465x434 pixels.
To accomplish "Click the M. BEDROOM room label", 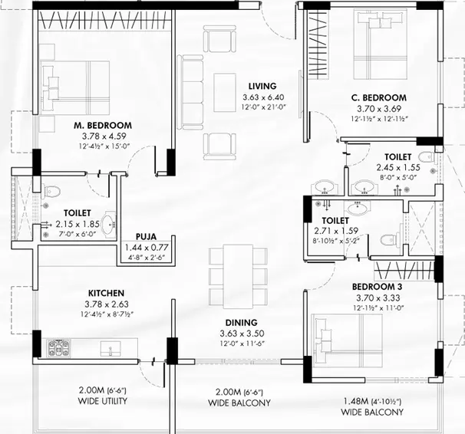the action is click(103, 125).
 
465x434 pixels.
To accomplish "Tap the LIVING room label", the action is click(262, 86).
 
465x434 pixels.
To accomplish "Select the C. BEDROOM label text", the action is click(379, 97).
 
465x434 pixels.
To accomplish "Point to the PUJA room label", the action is click(146, 237).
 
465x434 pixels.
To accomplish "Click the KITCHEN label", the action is click(106, 293).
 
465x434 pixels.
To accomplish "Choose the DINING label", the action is click(242, 323).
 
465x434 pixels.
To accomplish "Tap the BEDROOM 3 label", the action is click(378, 287).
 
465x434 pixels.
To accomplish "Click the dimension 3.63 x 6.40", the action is click(263, 97).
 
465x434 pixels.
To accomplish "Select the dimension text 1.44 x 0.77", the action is click(147, 248).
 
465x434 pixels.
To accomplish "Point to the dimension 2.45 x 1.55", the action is click(398, 168).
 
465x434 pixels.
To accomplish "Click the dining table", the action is click(238, 276).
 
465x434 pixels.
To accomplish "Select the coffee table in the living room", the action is click(225, 93).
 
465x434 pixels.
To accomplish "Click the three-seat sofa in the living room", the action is click(190, 93).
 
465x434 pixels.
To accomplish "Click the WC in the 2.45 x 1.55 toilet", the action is click(427, 156).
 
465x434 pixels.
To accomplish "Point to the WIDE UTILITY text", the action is click(103, 401).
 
